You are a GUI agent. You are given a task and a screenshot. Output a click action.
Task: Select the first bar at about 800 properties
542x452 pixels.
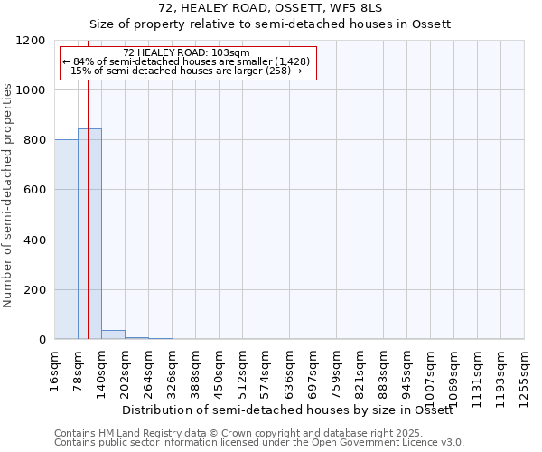pos(66,239)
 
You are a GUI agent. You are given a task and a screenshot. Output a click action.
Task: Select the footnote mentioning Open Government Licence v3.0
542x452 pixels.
pos(259,443)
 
